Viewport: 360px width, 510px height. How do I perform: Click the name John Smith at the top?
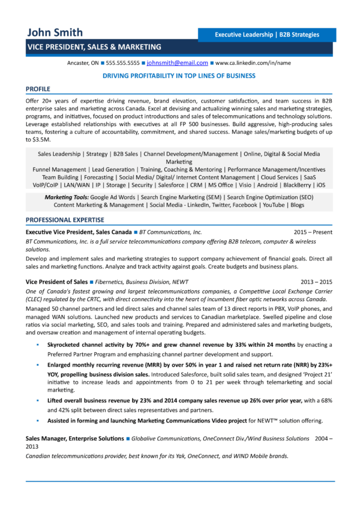(x=55, y=32)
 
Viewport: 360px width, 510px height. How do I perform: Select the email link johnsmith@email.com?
(x=178, y=62)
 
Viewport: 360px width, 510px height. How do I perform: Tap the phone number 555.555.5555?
(x=123, y=62)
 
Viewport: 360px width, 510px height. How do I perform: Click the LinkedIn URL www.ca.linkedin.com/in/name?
(x=253, y=62)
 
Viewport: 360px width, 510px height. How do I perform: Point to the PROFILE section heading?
(x=42, y=89)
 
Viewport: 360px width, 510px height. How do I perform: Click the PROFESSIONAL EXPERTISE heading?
(x=65, y=220)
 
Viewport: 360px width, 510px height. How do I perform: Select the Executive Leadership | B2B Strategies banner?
(x=267, y=35)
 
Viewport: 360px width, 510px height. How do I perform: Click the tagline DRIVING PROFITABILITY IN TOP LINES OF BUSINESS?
(x=179, y=76)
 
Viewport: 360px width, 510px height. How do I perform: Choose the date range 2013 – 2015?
(x=316, y=281)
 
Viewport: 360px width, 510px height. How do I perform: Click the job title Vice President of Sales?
(x=56, y=281)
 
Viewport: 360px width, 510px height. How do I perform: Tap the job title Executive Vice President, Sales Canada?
(x=78, y=232)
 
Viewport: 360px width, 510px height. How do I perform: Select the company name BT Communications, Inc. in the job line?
(x=171, y=232)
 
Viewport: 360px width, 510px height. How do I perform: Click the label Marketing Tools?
(x=67, y=197)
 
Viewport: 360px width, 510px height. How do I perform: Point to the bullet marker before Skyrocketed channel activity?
(x=38, y=346)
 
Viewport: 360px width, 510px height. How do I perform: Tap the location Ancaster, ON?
(x=83, y=62)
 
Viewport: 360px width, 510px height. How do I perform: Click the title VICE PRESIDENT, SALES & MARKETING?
(x=94, y=47)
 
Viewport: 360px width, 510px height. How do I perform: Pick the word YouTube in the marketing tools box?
(x=274, y=205)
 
